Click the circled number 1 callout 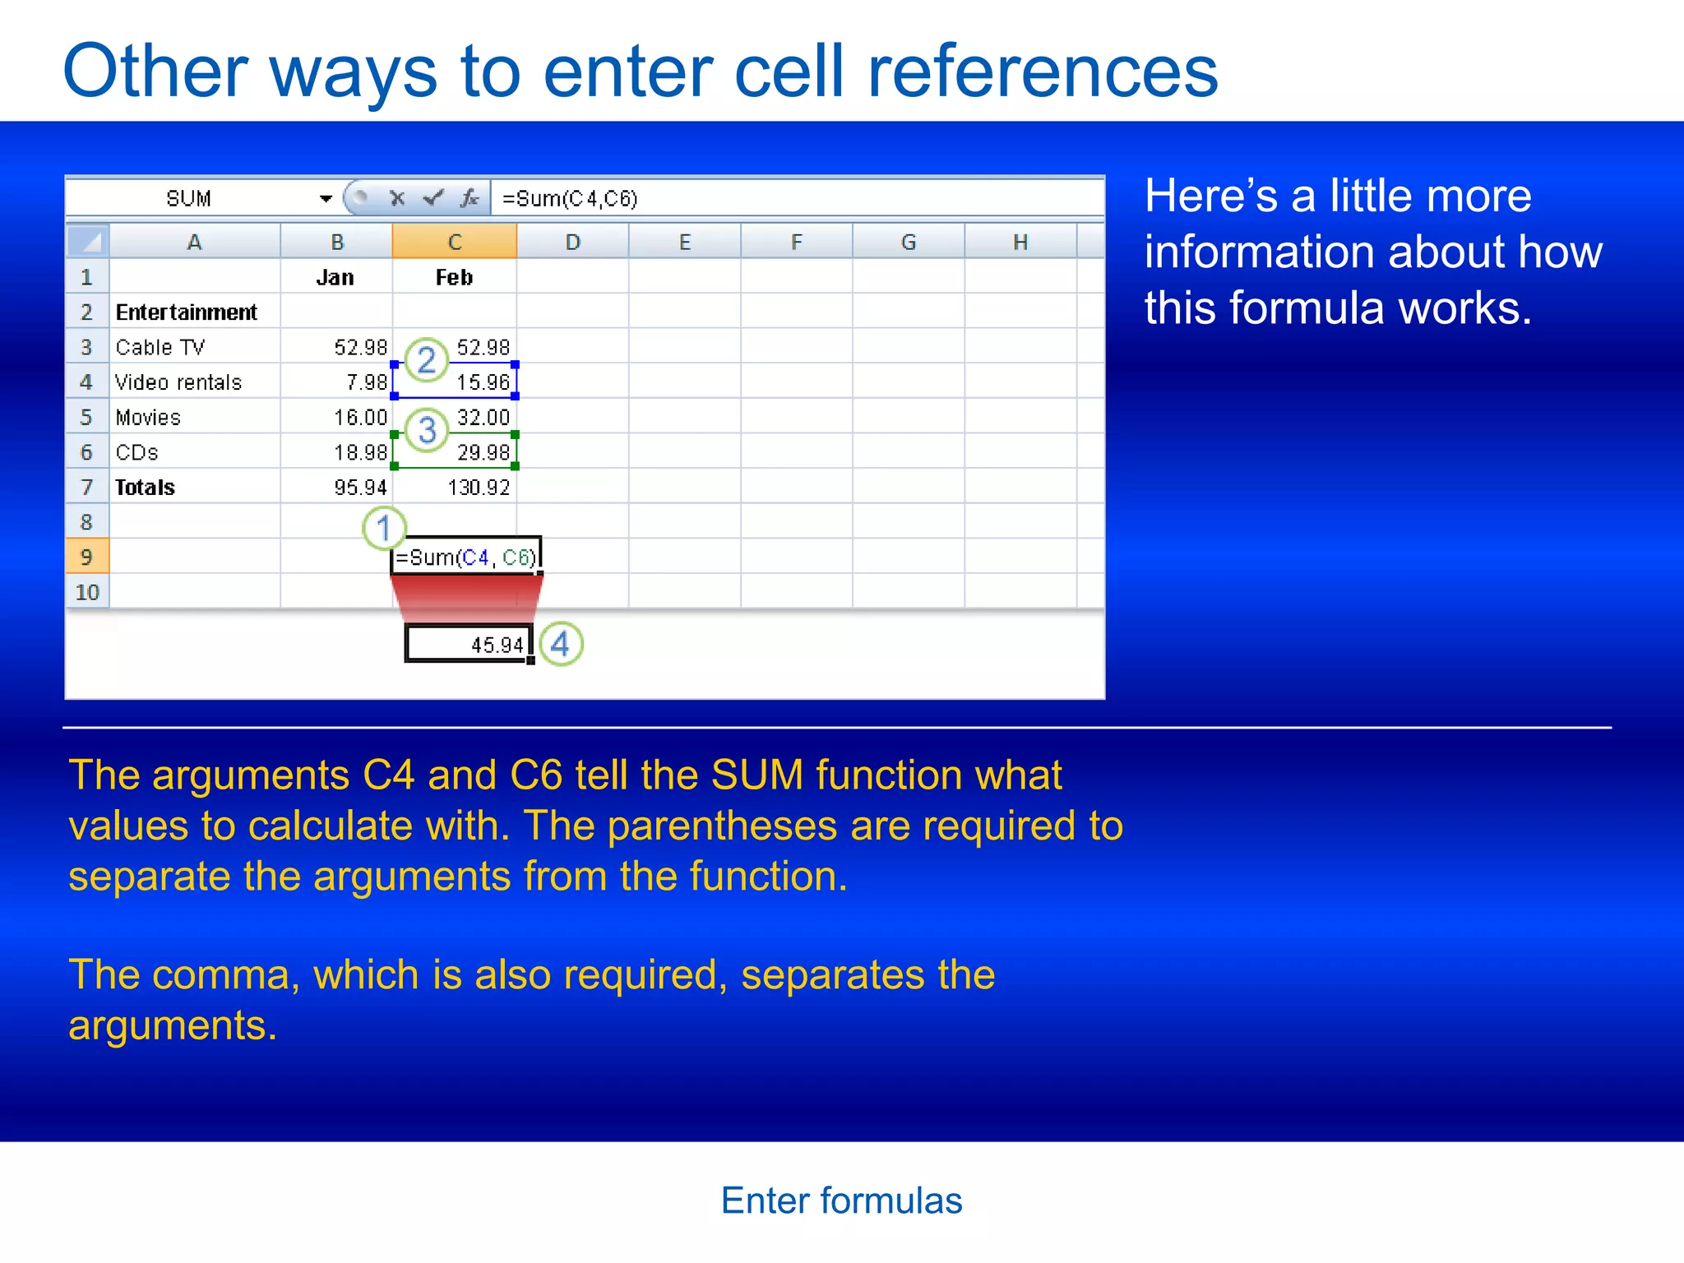point(384,529)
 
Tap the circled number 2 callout point(426,360)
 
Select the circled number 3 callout point(427,430)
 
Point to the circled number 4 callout point(561,644)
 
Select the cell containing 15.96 point(483,382)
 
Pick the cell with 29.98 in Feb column point(483,452)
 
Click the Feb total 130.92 point(478,488)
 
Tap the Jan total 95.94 point(359,488)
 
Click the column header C point(455,243)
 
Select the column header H point(1020,243)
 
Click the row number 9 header point(86,557)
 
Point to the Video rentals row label point(178,382)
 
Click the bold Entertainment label point(186,312)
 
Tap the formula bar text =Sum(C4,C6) point(570,199)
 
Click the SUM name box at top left point(189,199)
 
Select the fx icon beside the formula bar point(470,198)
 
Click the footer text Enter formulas point(841,1201)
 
